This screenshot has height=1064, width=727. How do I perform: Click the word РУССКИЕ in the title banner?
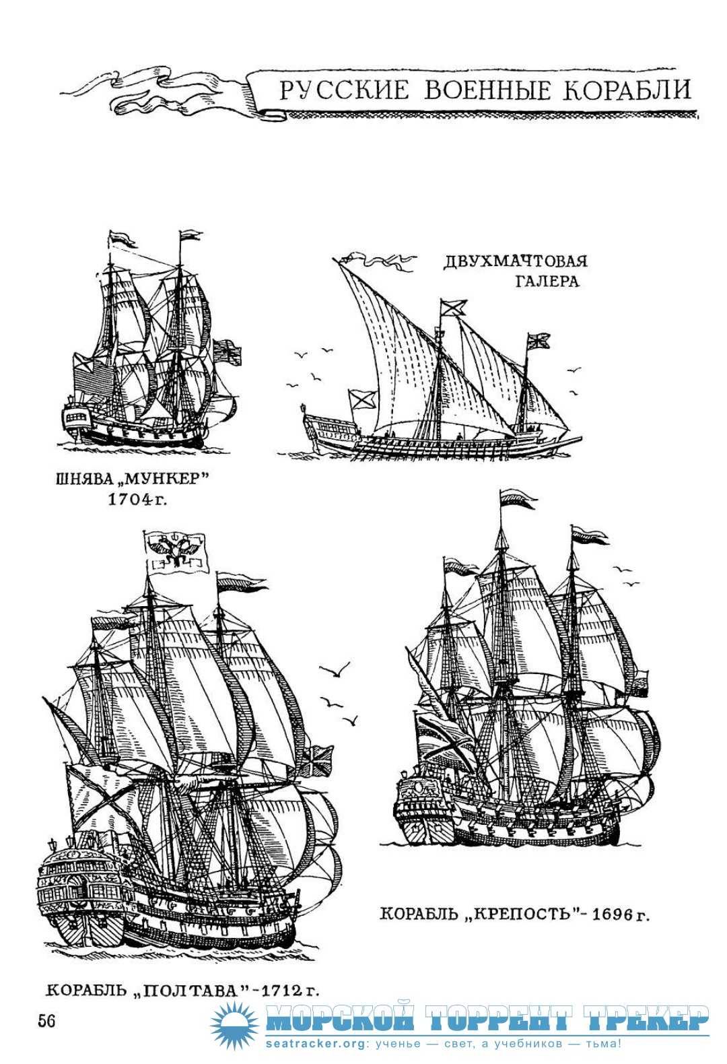click(344, 90)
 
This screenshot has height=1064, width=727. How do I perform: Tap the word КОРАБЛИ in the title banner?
click(627, 90)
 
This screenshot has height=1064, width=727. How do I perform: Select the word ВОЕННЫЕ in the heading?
click(487, 90)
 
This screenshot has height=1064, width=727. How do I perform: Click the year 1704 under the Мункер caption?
click(131, 499)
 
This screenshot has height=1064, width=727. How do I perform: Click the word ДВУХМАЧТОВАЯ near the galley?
click(516, 261)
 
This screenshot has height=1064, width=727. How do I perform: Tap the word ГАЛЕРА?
click(547, 281)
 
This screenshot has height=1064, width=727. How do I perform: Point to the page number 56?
click(46, 1020)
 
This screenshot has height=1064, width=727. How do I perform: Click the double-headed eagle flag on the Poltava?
click(176, 552)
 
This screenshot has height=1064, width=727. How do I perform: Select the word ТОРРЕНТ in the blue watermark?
click(497, 1018)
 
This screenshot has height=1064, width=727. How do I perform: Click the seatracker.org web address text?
click(315, 1044)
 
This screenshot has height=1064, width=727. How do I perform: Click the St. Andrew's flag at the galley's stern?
click(363, 399)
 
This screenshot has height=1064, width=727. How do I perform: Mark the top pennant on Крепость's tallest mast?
click(518, 498)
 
